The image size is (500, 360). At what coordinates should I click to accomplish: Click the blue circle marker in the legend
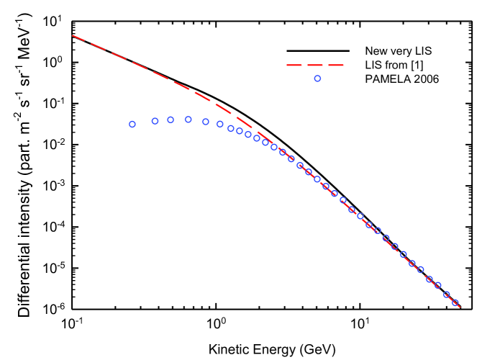click(317, 78)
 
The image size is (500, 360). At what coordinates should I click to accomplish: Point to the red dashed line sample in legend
click(317, 65)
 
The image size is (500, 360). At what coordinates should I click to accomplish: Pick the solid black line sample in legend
click(317, 51)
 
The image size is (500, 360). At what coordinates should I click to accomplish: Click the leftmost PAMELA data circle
click(132, 124)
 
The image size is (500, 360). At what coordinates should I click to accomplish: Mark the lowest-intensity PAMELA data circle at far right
click(455, 303)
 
